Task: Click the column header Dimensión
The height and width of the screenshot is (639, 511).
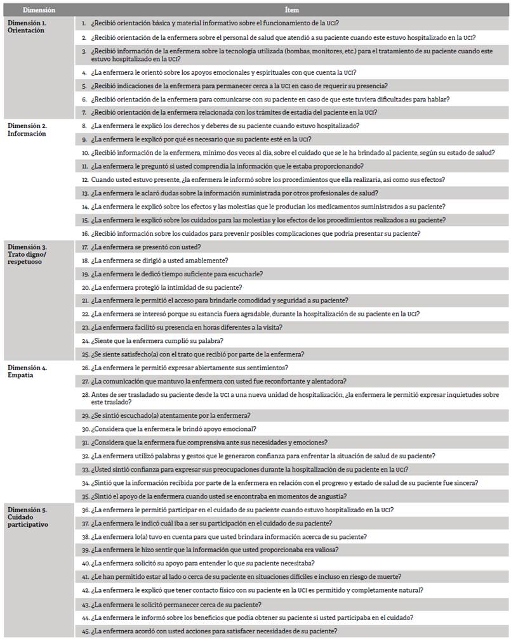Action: coord(39,10)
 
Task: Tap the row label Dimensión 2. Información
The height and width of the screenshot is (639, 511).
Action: coord(27,129)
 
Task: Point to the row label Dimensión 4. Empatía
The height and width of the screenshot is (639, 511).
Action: coord(25,371)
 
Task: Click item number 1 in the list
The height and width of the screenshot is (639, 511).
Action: coord(84,23)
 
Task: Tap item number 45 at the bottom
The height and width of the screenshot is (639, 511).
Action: coord(85,631)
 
